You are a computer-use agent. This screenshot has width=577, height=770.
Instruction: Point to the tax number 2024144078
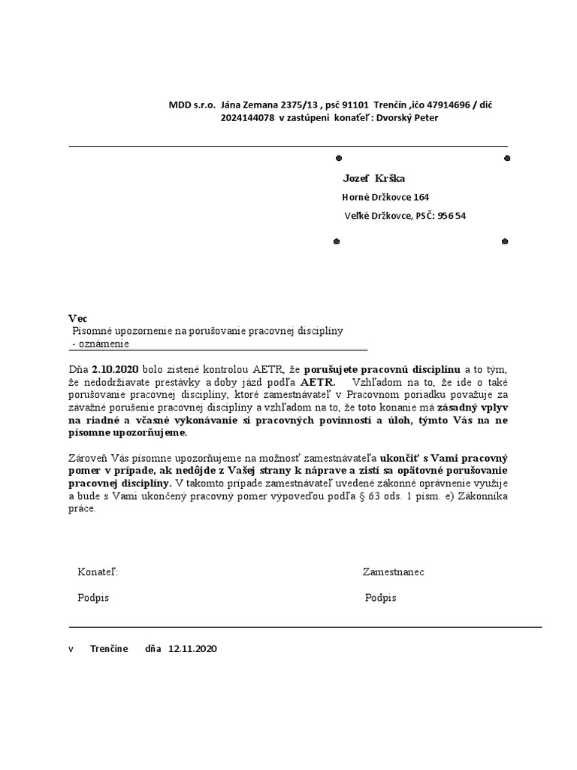click(247, 117)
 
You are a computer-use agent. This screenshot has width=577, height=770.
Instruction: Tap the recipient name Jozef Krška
click(373, 178)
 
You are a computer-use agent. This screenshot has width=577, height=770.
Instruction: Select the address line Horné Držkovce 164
click(385, 197)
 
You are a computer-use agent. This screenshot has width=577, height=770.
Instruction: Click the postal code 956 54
click(452, 216)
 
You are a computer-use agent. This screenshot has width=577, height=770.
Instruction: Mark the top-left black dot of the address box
click(337, 158)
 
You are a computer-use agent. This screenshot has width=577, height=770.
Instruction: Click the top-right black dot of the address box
click(507, 158)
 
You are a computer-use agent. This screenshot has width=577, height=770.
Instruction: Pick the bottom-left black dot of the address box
click(337, 241)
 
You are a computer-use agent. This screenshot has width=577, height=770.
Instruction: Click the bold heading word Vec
click(77, 319)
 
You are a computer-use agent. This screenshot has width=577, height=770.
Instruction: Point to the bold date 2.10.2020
click(116, 370)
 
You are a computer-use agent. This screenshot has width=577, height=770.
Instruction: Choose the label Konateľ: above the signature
click(98, 572)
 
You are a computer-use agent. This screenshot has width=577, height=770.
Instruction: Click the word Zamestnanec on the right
click(393, 572)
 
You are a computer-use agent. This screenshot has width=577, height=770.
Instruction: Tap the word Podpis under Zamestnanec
click(380, 598)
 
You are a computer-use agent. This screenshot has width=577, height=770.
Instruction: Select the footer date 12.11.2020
click(192, 648)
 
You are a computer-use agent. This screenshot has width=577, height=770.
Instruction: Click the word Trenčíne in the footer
click(109, 648)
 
